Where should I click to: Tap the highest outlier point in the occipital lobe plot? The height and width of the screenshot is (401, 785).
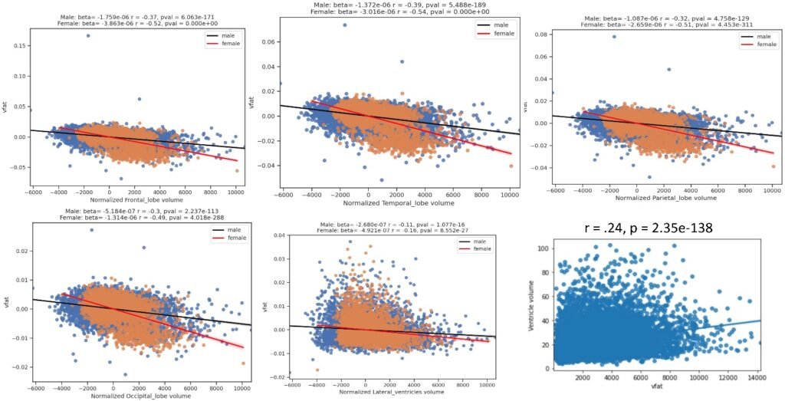point(92,229)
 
